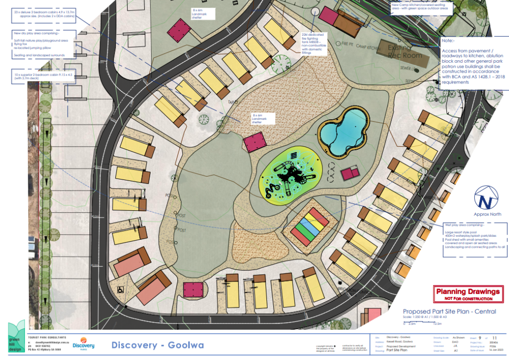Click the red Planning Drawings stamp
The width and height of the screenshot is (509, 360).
(467, 294)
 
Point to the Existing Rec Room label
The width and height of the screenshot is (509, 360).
(405, 51)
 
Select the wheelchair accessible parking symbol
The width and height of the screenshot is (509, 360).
(120, 289)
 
